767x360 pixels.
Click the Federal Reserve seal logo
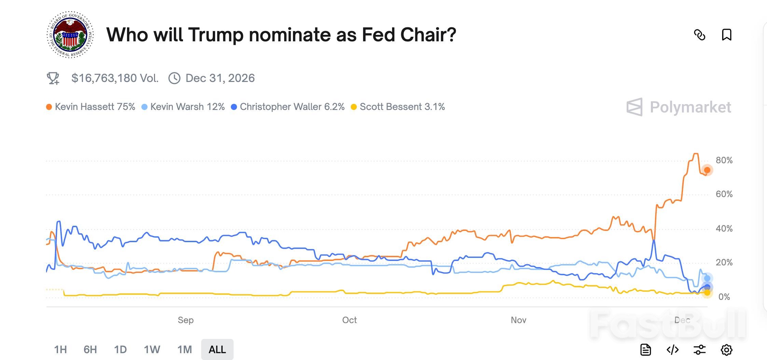[x=70, y=34]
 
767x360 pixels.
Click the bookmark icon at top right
[x=726, y=35]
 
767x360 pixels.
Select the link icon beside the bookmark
[x=699, y=35]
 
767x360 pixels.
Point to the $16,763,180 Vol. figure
[x=115, y=78]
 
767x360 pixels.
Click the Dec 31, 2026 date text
[x=220, y=78]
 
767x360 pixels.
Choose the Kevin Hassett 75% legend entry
[x=91, y=107]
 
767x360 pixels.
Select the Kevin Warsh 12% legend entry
[x=183, y=107]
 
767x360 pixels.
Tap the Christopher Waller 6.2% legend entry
[x=288, y=107]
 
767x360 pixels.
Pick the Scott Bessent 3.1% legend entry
[x=398, y=107]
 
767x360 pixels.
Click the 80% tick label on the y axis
[x=724, y=160]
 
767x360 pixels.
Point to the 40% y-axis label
[x=724, y=229]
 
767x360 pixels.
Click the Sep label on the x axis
[x=185, y=320]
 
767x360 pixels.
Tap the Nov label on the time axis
[x=518, y=320]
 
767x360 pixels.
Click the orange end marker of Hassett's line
[x=707, y=170]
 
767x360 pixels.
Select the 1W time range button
[x=152, y=349]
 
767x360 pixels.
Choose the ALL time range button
[x=217, y=349]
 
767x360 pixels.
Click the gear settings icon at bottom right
[x=726, y=350]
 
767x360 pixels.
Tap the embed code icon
[x=672, y=350]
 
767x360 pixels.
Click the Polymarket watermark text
[x=690, y=107]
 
